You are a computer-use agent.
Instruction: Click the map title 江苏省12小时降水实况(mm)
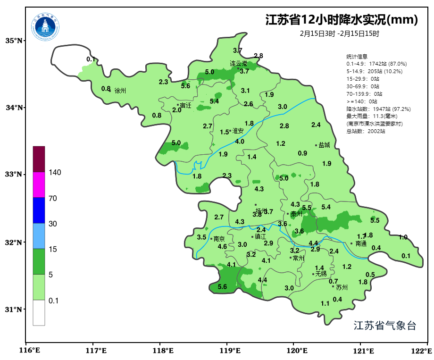pos(342,20)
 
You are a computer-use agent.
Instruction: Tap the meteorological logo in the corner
pos(46,26)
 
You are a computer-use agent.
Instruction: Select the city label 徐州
pos(120,90)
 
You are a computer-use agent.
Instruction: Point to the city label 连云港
pos(238,63)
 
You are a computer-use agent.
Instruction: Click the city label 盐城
pos(324,145)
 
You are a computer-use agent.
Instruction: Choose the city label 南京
pos(219,239)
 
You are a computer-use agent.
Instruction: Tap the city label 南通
pos(361,244)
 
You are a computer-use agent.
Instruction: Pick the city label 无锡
pos(321,274)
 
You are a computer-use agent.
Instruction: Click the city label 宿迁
pos(185,105)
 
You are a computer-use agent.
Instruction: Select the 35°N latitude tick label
pos(14,41)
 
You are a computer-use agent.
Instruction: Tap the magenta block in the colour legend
pos(39,184)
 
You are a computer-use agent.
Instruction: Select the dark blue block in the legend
pos(39,210)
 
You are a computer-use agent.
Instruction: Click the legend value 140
pos(55,173)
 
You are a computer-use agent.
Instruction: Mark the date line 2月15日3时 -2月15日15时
pos(340,33)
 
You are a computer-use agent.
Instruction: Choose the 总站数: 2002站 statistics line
pos(365,131)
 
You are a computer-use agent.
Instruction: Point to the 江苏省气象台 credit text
pos(385,326)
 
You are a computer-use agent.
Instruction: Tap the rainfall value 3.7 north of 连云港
pos(238,50)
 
